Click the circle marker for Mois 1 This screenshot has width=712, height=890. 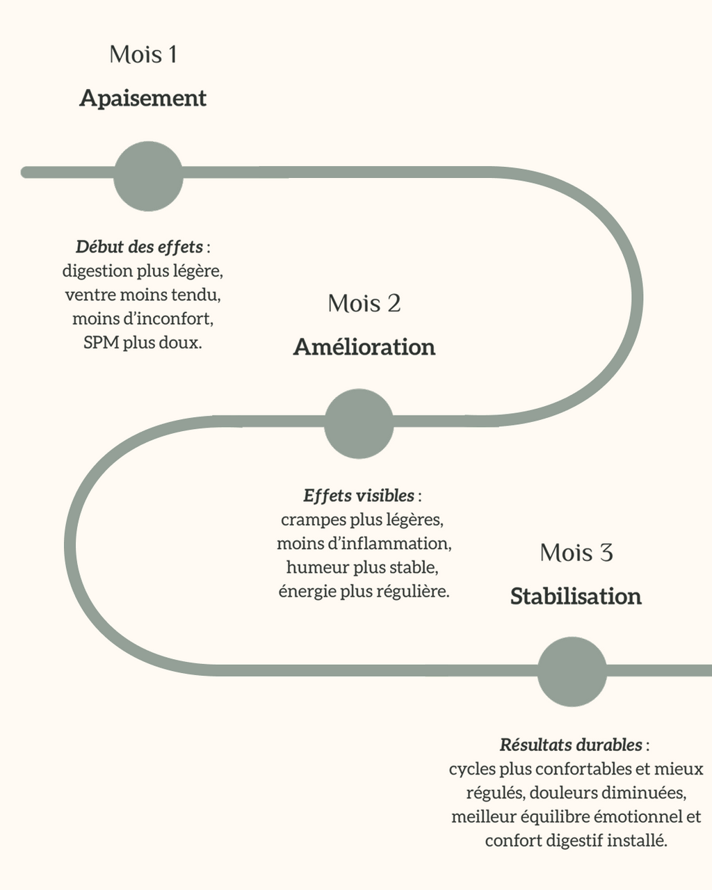pyautogui.click(x=148, y=176)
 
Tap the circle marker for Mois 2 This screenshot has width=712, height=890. pyautogui.click(x=359, y=423)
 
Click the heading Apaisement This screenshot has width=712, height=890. pyautogui.click(x=143, y=98)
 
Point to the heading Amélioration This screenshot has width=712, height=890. pyautogui.click(x=364, y=346)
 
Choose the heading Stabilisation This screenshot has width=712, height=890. pyautogui.click(x=576, y=596)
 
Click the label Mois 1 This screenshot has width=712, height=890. pyautogui.click(x=143, y=54)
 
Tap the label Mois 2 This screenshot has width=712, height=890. pyautogui.click(x=364, y=303)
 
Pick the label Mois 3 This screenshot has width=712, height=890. pyautogui.click(x=576, y=553)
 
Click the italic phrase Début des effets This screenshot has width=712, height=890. pyautogui.click(x=139, y=247)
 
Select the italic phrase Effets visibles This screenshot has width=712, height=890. pyautogui.click(x=359, y=496)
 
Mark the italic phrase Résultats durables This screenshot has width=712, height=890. pyautogui.click(x=571, y=745)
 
